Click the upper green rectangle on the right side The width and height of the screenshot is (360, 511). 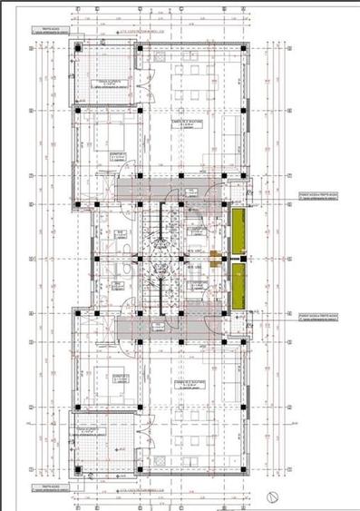click(x=239, y=231)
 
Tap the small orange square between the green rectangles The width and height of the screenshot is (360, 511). click(x=215, y=257)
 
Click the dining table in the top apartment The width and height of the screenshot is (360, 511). click(x=196, y=83)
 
